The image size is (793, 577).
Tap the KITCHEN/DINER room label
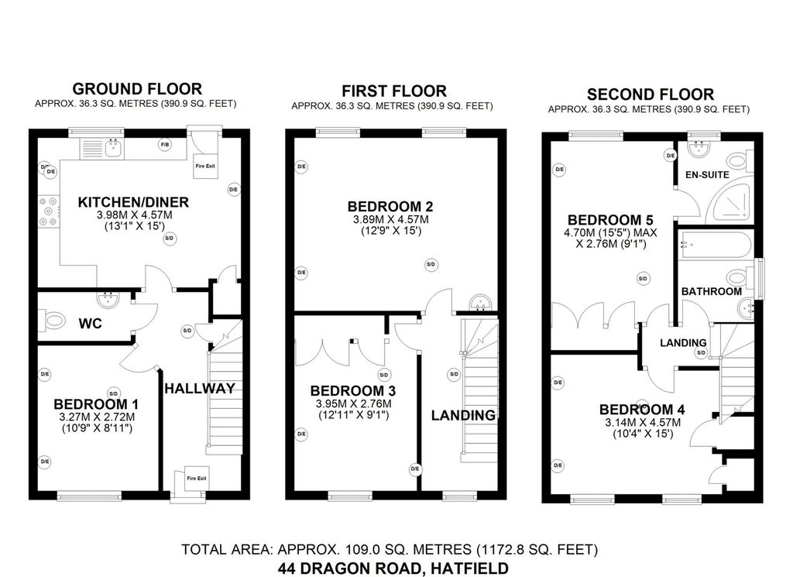coord(133,203)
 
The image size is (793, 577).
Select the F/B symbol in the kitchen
coord(164,145)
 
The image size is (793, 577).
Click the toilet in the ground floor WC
coord(53,319)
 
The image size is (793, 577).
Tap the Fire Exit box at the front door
coord(197,479)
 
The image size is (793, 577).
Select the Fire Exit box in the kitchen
coord(204,166)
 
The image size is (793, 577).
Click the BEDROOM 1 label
coord(96,404)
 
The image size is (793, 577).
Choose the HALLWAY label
coord(199,389)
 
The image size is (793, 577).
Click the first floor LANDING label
coord(463,415)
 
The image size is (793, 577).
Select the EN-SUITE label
coord(706,174)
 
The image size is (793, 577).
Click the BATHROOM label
coord(711,291)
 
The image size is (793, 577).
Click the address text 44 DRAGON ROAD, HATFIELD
coord(393,568)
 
